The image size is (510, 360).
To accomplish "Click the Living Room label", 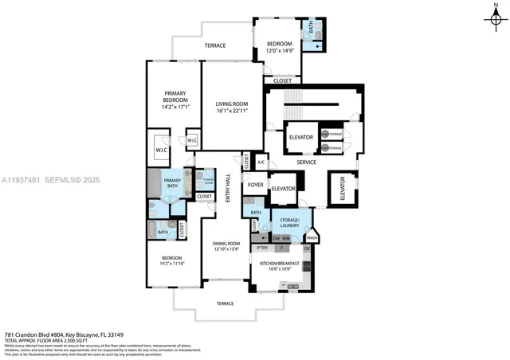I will tap(233, 104).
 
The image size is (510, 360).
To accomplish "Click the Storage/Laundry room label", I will tap(288, 222).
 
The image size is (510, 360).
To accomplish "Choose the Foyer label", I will tap(256, 185).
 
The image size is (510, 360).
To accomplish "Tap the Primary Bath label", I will tap(172, 181).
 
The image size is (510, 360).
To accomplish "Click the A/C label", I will tap(261, 162).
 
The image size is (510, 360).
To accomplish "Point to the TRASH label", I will tap(311, 238).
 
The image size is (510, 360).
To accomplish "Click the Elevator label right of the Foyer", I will tap(283, 189).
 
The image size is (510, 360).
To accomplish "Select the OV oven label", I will tap(306, 248).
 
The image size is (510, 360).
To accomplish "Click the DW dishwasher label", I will tap(277, 238).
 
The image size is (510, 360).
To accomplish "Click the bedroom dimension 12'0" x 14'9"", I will tap(280, 51).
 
